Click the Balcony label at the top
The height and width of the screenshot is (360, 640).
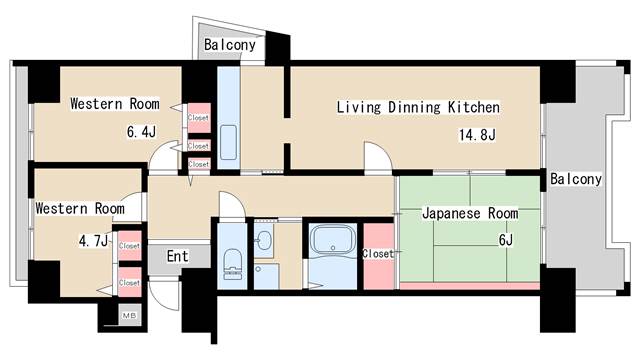click(230, 45)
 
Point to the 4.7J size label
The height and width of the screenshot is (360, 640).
click(93, 240)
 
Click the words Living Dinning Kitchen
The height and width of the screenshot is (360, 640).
click(417, 107)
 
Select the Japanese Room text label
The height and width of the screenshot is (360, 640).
click(468, 214)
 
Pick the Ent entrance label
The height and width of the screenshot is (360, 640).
click(177, 257)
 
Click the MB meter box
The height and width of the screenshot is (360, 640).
click(130, 316)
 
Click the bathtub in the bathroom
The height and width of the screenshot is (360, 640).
click(330, 242)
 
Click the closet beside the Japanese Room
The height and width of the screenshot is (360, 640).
click(379, 253)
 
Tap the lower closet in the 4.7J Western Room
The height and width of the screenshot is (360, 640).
click(129, 282)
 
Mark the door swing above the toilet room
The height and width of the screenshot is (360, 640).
click(231, 204)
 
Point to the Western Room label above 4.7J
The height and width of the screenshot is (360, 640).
click(80, 209)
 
